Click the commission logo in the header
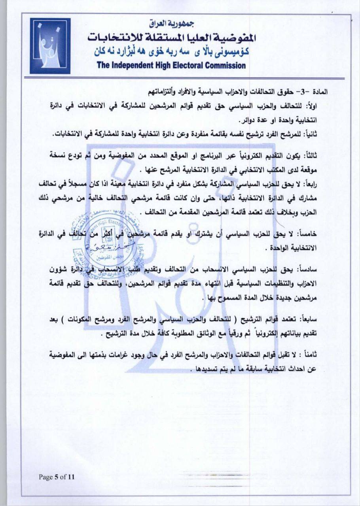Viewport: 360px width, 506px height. pyautogui.click(x=49, y=46)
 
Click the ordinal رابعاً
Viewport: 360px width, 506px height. pyautogui.click(x=322, y=185)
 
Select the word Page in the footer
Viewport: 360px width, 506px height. pyautogui.click(x=46, y=477)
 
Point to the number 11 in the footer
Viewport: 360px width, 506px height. pyautogui.click(x=71, y=477)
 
